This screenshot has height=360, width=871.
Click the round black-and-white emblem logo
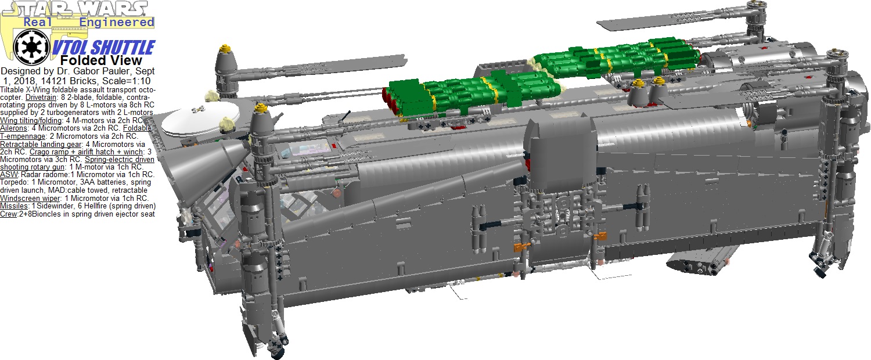(31, 47)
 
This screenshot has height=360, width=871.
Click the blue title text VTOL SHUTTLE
(104, 48)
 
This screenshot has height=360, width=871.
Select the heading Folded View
(101, 60)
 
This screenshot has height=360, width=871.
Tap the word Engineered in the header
(117, 22)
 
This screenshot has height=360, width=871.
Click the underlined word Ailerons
(13, 128)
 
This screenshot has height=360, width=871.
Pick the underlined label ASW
(9, 175)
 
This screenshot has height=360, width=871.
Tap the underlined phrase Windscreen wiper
(30, 198)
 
